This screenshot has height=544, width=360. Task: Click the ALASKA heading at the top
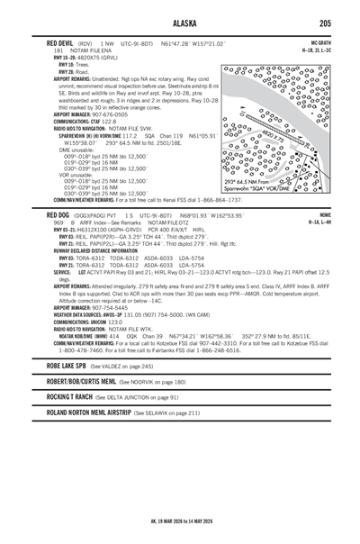(x=180, y=23)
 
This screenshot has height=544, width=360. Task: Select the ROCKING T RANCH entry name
(x=59, y=397)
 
